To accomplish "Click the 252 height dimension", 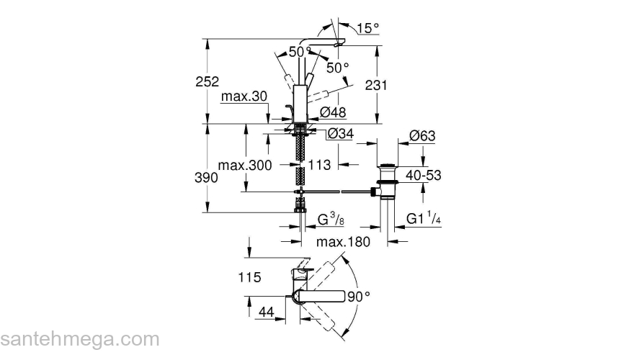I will coord(206,83).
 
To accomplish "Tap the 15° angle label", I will coord(367,28).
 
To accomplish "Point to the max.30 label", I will coord(244,97).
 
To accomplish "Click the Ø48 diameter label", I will coord(334,112).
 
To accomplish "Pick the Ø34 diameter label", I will coord(341,134).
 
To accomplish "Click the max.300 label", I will coord(246,166).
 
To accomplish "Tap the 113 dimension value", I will coord(318,165).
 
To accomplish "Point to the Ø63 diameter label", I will coord(422,136).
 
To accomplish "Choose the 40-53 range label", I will coord(424,175).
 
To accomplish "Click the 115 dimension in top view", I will coord(250,276).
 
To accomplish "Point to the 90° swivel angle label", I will coord(358,296).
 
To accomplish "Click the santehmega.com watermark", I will coord(80,338).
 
